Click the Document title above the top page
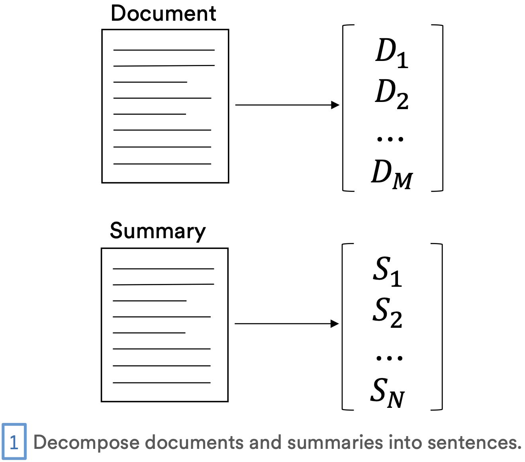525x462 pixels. [163, 14]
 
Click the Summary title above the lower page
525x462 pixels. [158, 231]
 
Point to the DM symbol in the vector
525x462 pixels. [392, 174]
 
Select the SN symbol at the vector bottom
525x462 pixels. [388, 393]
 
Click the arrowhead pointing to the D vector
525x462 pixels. [335, 105]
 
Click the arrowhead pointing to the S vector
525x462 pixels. [335, 324]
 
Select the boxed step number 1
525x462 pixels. [14, 442]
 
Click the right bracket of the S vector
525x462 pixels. [441, 327]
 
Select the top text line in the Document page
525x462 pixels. [164, 50]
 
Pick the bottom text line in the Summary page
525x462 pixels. [161, 383]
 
